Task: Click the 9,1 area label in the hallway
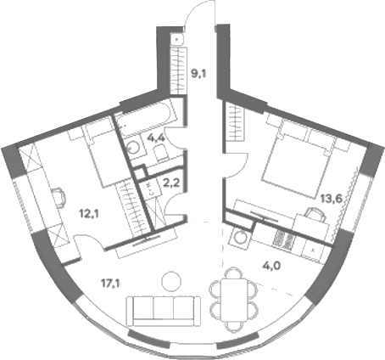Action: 199,75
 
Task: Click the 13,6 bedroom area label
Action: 332,199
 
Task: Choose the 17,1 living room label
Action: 110,283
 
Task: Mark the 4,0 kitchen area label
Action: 271,267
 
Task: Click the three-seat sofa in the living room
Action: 164,311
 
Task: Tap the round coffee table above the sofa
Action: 171,281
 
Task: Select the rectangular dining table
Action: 234,300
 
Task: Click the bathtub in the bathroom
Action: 147,118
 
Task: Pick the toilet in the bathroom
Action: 160,153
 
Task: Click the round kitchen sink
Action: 241,237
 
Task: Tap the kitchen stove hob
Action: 283,240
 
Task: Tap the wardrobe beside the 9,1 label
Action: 179,70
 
